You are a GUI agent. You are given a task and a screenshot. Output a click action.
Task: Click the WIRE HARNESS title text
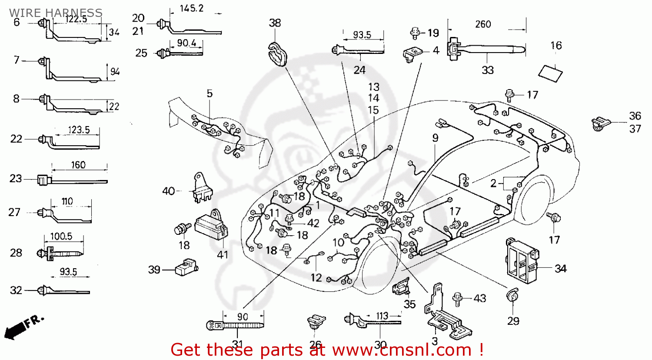click(x=56, y=12)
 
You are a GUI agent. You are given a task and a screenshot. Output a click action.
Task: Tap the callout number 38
click(x=275, y=23)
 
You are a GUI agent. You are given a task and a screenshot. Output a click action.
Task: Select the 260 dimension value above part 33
click(x=483, y=24)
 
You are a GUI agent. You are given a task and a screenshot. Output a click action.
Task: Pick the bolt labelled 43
click(x=457, y=298)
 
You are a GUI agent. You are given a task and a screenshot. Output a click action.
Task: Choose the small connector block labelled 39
click(x=186, y=267)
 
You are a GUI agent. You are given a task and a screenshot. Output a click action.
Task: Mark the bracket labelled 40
click(x=201, y=188)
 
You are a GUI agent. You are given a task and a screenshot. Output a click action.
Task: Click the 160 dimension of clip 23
click(x=78, y=165)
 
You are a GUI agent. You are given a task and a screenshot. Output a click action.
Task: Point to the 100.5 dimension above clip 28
click(x=61, y=236)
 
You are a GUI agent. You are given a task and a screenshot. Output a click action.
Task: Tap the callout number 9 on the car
click(x=435, y=138)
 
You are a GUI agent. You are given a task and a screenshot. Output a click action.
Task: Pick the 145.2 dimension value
click(x=191, y=8)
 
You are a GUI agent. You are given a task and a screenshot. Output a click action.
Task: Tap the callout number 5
click(x=210, y=93)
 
